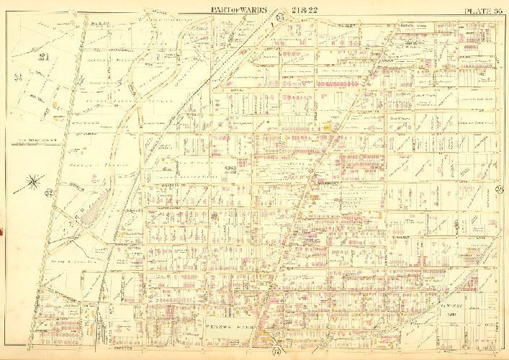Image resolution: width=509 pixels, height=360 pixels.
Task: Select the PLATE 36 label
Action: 483,10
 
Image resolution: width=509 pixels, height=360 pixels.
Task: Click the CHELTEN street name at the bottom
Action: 125,351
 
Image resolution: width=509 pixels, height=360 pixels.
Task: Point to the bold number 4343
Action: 230,168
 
